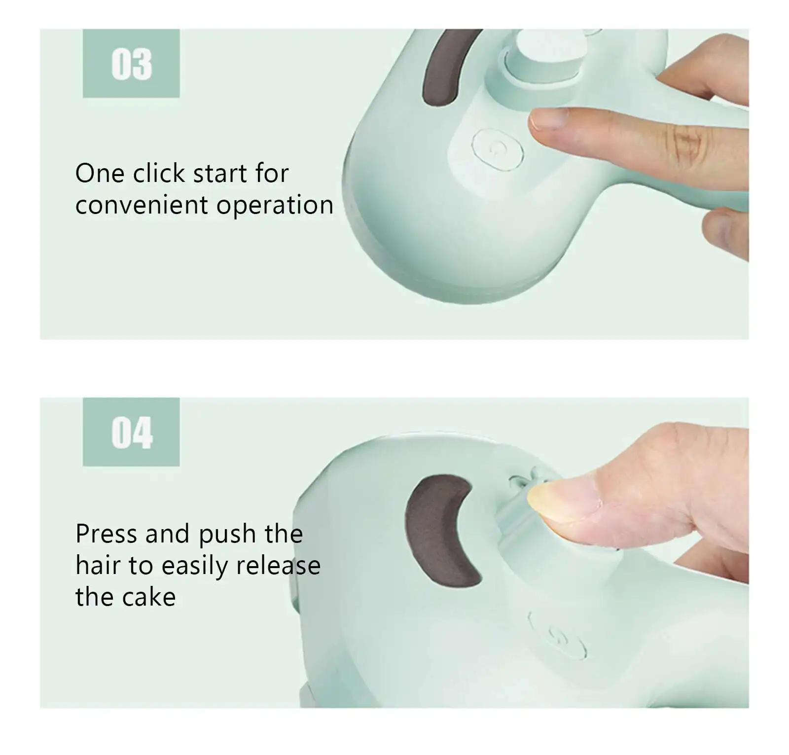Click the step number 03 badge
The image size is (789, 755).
pyautogui.click(x=131, y=64)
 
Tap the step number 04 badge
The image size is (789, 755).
pyautogui.click(x=131, y=432)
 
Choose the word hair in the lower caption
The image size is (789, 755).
pyautogui.click(x=99, y=566)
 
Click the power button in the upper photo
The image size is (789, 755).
pyautogui.click(x=497, y=148)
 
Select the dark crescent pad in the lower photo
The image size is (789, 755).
pyautogui.click(x=436, y=530)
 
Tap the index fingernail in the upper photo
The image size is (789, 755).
pyautogui.click(x=547, y=118)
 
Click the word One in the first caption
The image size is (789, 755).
pyautogui.click(x=99, y=173)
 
